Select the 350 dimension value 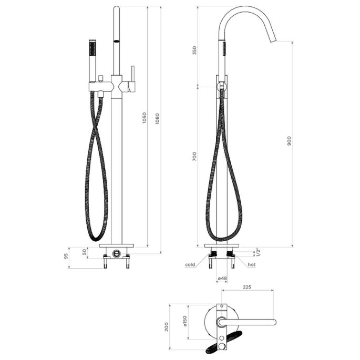click(x=194, y=50)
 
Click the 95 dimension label click(x=66, y=257)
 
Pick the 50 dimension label click(x=85, y=251)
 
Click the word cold click(x=190, y=265)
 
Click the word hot click(x=251, y=265)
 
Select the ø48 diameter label click(x=222, y=278)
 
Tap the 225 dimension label click(x=247, y=287)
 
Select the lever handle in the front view click(x=133, y=78)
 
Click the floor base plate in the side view click(x=223, y=246)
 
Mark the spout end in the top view click(x=272, y=322)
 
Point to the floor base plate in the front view click(x=117, y=246)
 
